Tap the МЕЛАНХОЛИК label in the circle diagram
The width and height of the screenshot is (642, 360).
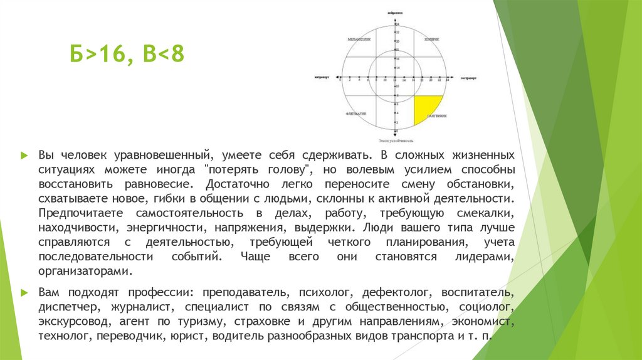359,40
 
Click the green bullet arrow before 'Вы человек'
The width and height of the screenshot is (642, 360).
24,155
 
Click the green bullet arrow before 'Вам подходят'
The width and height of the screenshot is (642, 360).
24,292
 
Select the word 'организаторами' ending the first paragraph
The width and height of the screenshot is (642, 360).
85,271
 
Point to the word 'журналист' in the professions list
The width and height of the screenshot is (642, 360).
143,307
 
